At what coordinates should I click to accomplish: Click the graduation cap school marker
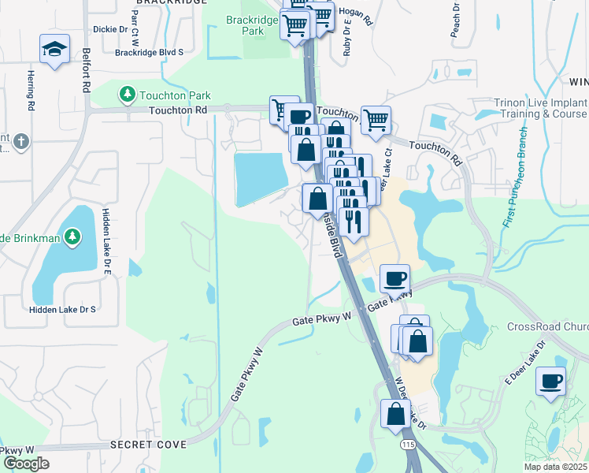tap(54, 50)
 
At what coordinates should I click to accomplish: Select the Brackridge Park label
tap(253, 24)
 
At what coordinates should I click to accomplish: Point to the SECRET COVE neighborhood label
tap(149, 445)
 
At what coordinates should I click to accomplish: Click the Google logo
tap(26, 464)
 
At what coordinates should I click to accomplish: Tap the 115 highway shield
tap(406, 445)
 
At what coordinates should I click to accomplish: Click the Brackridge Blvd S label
tap(149, 52)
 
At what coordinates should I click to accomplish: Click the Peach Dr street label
tap(454, 20)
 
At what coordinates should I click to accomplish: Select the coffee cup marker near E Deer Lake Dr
tap(550, 382)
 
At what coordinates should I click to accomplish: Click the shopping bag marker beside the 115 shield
tap(395, 414)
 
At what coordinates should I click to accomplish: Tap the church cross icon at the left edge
tap(21, 143)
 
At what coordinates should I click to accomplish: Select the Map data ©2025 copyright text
tap(556, 467)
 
